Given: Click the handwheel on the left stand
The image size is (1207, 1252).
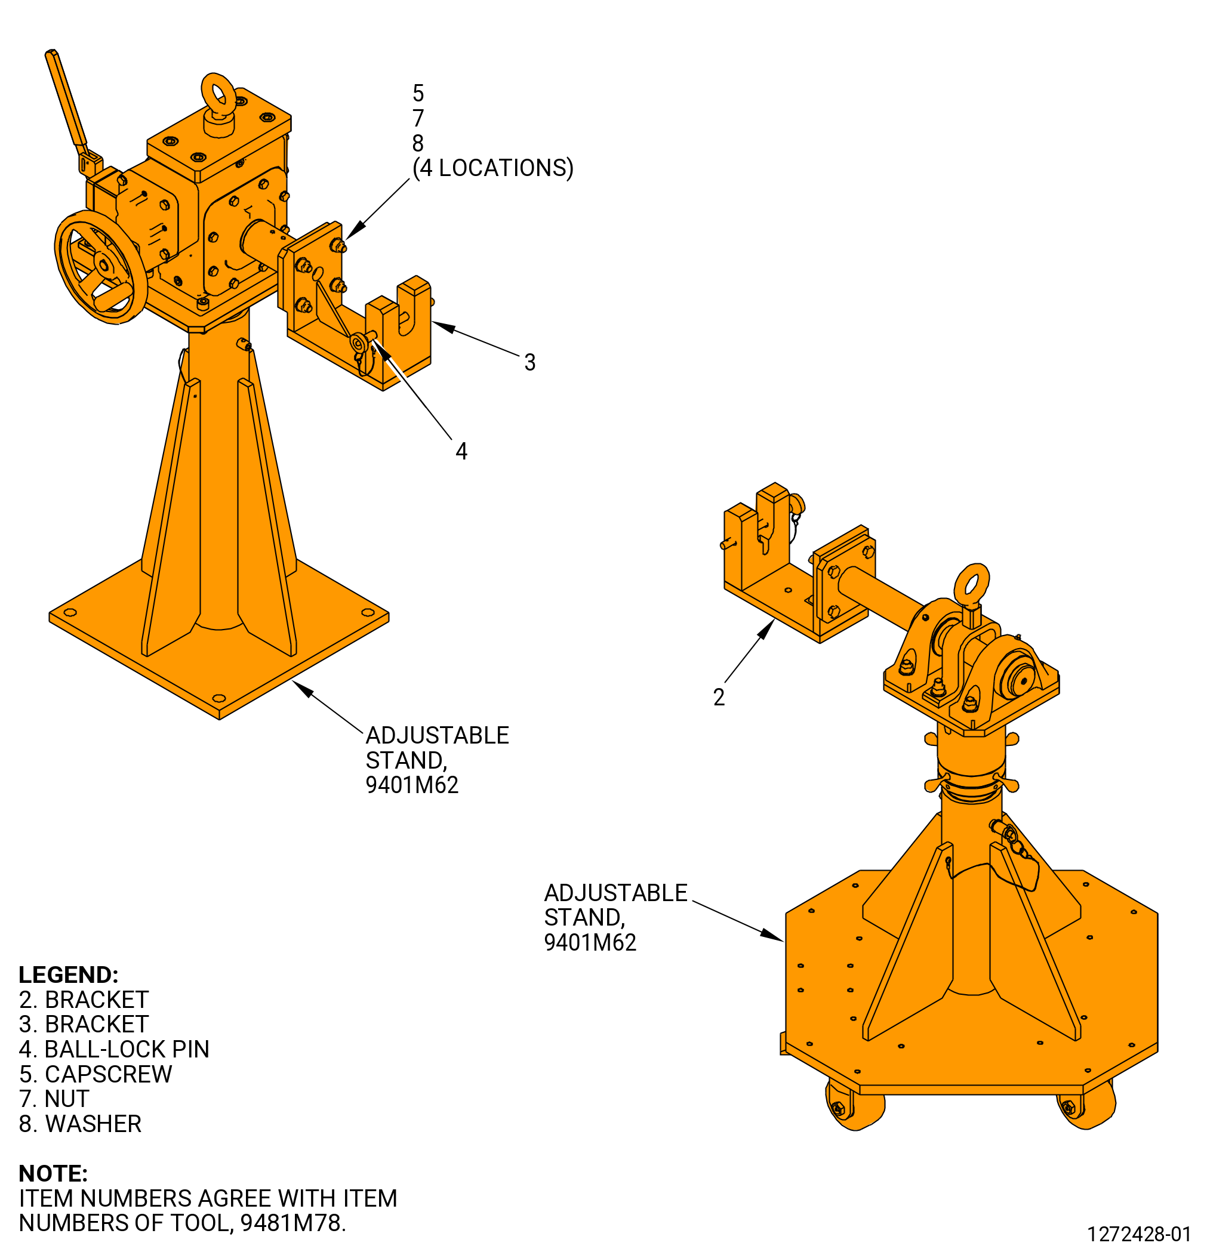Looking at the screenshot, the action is (x=100, y=267).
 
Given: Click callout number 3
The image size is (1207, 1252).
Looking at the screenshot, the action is (x=529, y=362).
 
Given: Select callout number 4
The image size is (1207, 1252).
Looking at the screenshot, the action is (x=461, y=452).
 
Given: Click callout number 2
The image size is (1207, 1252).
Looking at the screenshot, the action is (x=719, y=697).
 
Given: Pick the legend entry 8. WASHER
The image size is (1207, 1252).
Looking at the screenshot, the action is (x=80, y=1124).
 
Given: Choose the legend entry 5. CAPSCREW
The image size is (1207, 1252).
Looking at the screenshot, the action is (x=95, y=1074).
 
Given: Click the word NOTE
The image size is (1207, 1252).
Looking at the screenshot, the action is (x=53, y=1173).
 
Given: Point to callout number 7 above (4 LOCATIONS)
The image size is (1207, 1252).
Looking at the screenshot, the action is (x=418, y=118).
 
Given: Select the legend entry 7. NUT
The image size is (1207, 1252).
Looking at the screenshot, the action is (x=54, y=1099).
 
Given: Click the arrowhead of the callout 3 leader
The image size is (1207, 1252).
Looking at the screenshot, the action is (x=444, y=327).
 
